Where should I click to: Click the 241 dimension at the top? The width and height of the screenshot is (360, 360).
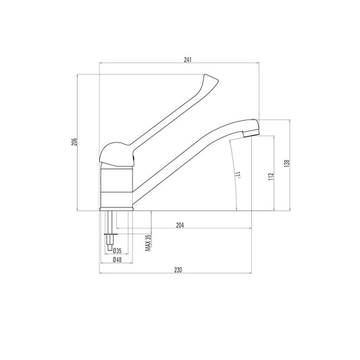coord(187,59)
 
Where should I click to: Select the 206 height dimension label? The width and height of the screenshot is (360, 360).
coord(75,143)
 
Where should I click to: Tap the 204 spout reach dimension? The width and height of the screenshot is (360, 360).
coord(180,226)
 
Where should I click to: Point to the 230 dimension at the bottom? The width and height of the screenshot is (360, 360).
coord(178,269)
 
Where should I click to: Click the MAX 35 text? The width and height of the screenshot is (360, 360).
coord(147,241)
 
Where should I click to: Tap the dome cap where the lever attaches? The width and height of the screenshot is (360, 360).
coord(117,153)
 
